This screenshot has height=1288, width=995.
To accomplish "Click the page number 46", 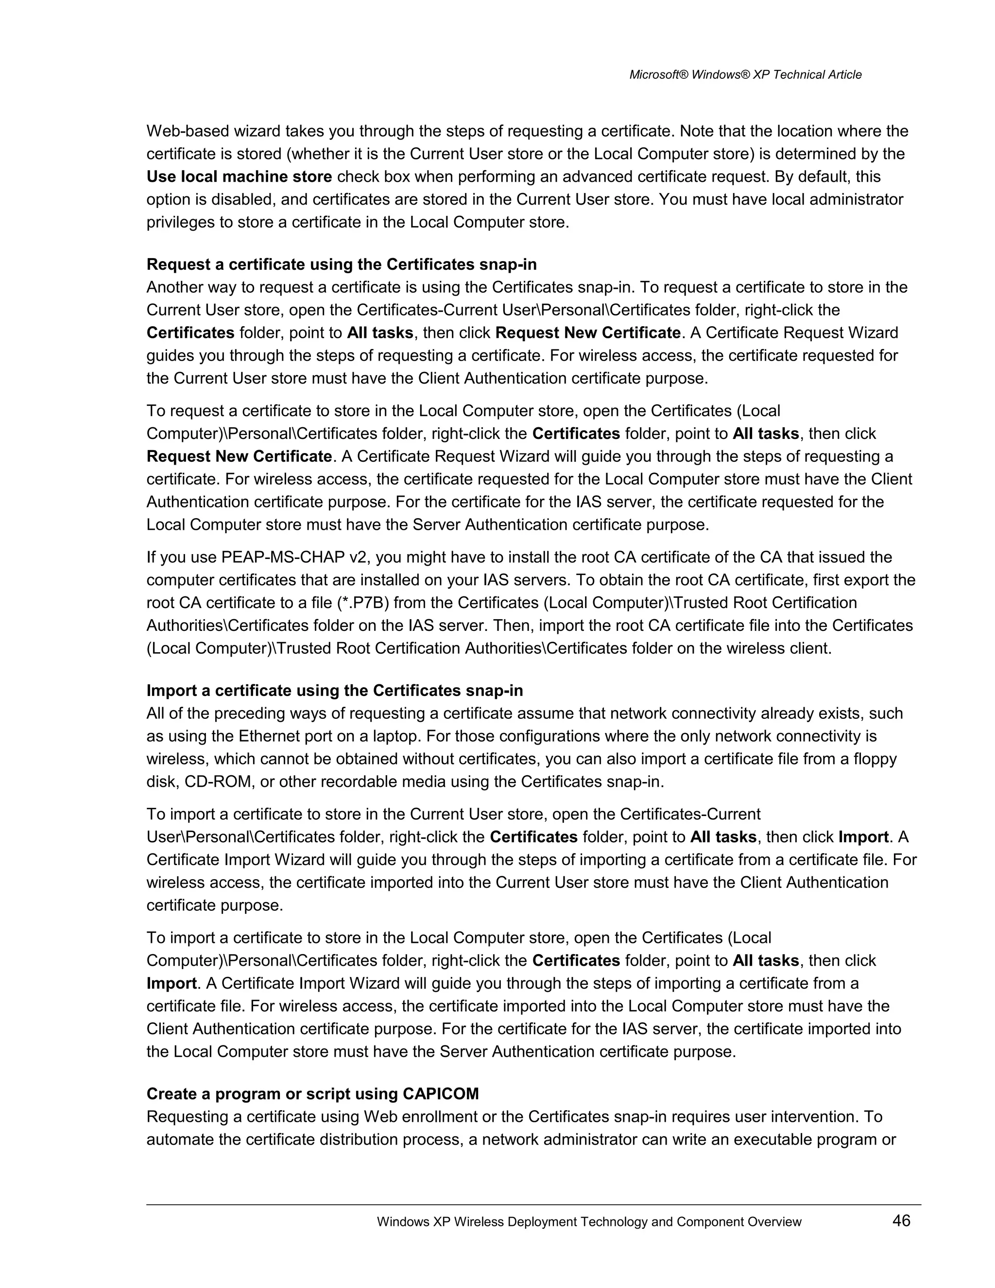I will point(901,1220).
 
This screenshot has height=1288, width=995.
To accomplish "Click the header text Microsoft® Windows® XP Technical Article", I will point(745,75).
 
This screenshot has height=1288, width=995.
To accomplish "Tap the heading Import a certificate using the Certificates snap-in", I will point(334,690).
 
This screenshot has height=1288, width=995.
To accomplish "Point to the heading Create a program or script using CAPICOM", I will point(312,1094).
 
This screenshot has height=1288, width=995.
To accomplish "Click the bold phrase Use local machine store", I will point(240,176).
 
